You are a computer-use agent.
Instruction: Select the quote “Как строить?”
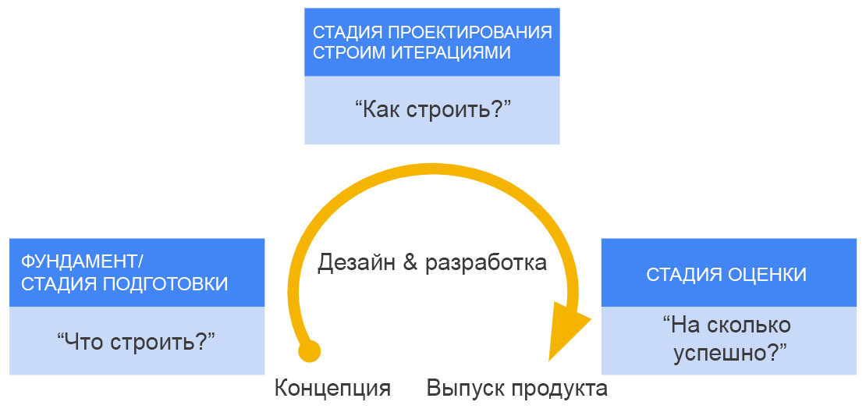tap(432, 108)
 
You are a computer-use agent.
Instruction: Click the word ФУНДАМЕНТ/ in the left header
tap(83, 261)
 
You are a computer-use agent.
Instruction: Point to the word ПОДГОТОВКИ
tap(166, 283)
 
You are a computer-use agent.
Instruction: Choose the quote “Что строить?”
tap(136, 340)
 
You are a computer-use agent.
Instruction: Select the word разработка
tap(486, 262)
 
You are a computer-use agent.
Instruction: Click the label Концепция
tap(332, 388)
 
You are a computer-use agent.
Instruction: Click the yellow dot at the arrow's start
tap(310, 351)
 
